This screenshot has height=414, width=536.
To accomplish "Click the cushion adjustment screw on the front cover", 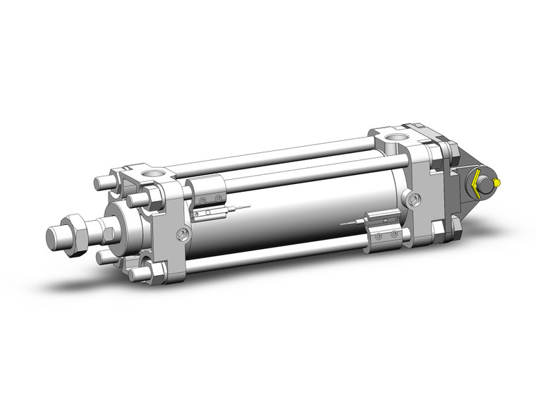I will click(183, 233).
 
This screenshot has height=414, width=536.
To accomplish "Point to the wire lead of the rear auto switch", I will click(350, 223).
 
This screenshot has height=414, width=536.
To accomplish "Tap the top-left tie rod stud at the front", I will click(102, 183).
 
